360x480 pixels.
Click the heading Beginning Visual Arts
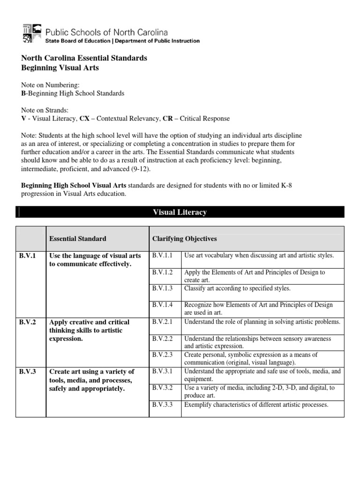[x=60, y=68]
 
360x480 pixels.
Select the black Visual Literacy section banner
[x=180, y=212]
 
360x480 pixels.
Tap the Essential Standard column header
[x=78, y=239]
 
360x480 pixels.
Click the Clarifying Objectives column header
[x=184, y=239]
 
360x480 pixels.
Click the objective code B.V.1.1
[x=163, y=255]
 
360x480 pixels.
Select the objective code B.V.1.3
[x=163, y=288]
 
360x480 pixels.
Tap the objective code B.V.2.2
[x=163, y=338]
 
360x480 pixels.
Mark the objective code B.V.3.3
[x=163, y=405]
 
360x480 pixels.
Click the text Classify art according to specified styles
[x=237, y=288]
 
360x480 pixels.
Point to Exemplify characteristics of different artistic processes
[x=256, y=405]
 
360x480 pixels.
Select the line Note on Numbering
[x=47, y=85]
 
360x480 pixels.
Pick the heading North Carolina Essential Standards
[x=84, y=58]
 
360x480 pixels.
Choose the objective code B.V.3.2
[x=163, y=388]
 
